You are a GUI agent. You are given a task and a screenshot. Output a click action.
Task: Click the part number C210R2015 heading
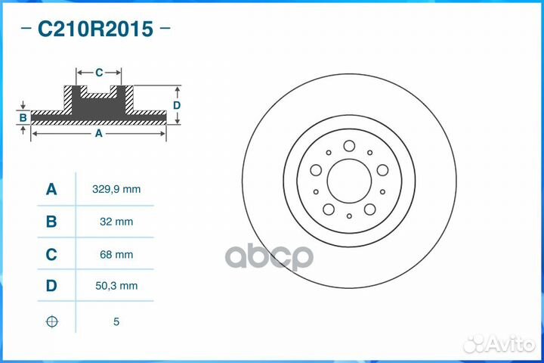pos(95,29)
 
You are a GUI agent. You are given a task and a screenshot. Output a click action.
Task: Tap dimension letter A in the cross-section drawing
pos(98,133)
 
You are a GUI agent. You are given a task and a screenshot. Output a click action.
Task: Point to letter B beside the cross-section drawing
pos(23,117)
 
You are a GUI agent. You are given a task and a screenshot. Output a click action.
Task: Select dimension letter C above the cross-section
pos(99,73)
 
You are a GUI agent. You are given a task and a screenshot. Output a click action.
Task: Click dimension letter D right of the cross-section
pos(177,105)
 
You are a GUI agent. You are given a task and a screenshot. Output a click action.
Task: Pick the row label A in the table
pos(51,190)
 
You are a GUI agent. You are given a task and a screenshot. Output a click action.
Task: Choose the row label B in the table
pos(51,222)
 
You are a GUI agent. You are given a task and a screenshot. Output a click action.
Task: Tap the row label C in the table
pos(51,255)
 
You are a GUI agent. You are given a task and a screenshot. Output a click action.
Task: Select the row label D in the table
pos(51,286)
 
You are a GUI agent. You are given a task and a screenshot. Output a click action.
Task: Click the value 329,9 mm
pos(116,190)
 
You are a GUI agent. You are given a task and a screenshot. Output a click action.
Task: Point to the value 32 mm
pos(116,222)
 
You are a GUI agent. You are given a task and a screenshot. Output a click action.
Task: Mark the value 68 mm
pos(116,255)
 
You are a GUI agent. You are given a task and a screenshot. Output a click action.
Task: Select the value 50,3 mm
pos(116,286)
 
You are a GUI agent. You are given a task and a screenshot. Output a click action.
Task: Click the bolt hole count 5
pos(116,321)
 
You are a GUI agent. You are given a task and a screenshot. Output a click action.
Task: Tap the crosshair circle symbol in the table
pos(51,321)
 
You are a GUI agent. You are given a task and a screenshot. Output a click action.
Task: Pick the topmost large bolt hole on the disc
pos(349,146)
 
